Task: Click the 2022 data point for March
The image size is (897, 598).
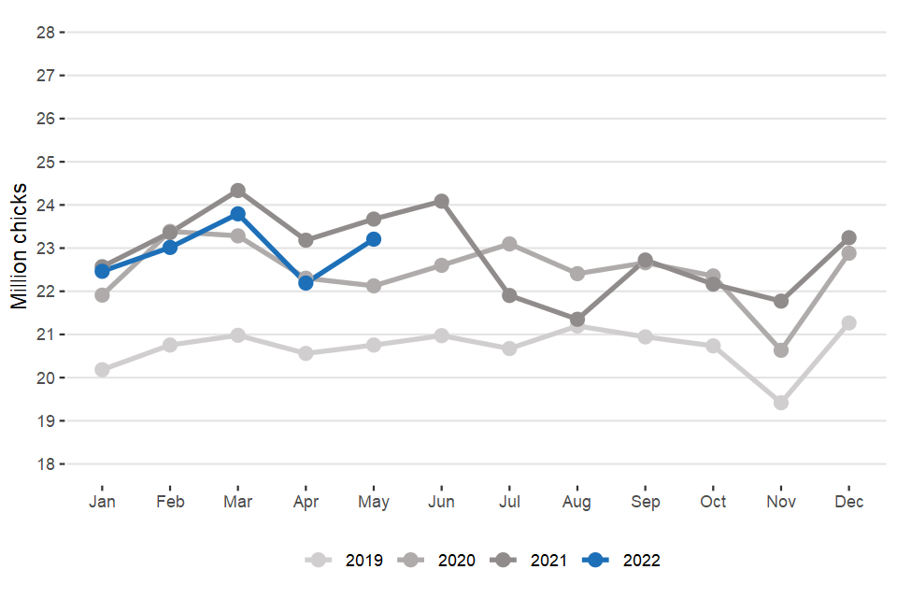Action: point(238,214)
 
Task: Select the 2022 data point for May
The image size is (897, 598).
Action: point(374,239)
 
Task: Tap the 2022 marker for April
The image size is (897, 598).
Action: point(306,282)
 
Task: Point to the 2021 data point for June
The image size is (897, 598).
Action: point(441,201)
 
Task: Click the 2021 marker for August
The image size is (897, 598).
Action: point(577,320)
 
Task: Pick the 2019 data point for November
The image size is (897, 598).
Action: point(781,403)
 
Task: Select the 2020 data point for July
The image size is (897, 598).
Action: point(509,244)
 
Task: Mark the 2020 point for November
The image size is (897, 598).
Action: point(781,350)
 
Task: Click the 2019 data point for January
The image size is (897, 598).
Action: point(102,370)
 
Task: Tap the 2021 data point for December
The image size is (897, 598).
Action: point(848,237)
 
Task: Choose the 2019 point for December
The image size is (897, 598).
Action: point(848,323)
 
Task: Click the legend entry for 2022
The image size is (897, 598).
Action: point(622,561)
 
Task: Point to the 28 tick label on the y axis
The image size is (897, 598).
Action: point(45,32)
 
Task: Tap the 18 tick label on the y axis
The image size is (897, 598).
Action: point(45,464)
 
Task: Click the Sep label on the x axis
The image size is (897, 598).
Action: point(645,502)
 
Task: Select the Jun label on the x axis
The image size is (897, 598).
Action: point(441,502)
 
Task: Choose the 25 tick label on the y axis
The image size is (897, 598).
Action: point(45,162)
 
